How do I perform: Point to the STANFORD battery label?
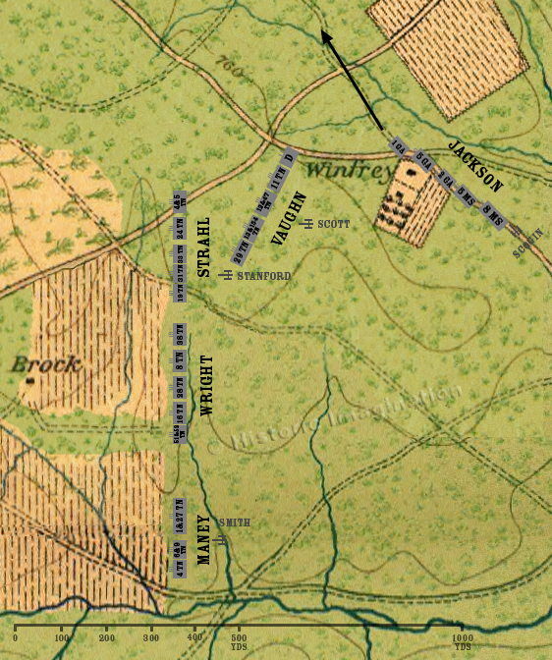tap(263, 277)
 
